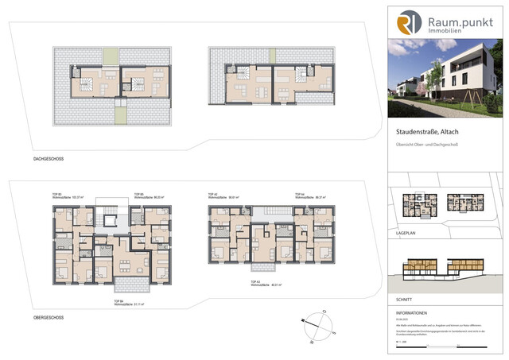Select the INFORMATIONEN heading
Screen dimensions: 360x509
coord(412,313)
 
